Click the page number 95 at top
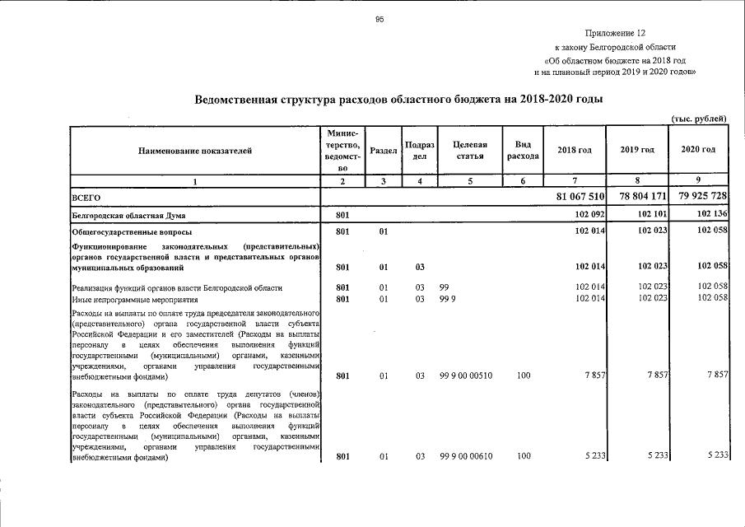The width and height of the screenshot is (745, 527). [380, 20]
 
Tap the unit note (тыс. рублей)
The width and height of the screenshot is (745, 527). [699, 119]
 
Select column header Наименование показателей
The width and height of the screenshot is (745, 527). [195, 150]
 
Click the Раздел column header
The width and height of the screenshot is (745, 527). [384, 150]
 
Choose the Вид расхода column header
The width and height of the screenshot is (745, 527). [523, 150]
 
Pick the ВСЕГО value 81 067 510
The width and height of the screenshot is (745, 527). [581, 198]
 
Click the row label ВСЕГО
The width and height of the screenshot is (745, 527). [86, 198]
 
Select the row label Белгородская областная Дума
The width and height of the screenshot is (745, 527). [129, 216]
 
